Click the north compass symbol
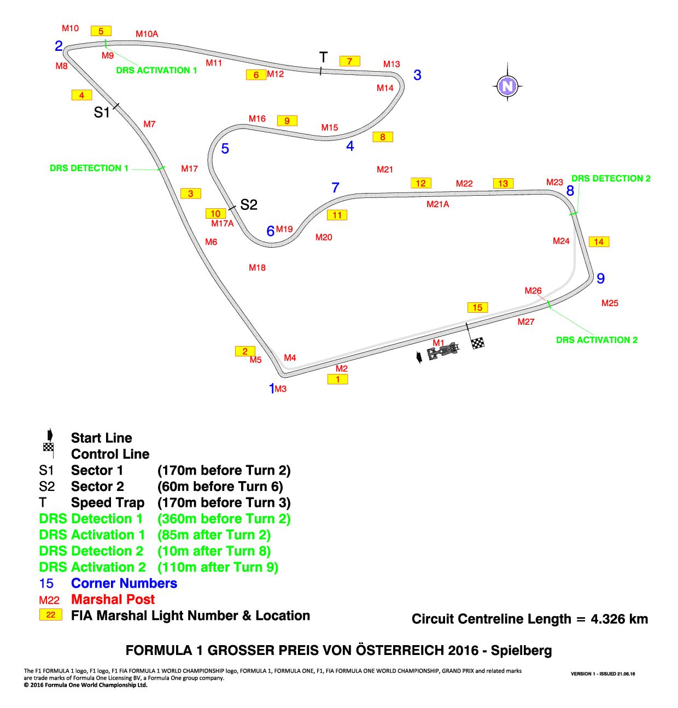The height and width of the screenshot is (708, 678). [507, 86]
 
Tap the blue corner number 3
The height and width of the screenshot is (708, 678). [417, 75]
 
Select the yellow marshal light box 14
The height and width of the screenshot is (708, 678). [599, 242]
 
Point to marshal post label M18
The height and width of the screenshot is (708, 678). [257, 267]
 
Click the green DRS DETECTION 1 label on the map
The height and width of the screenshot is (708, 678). [89, 168]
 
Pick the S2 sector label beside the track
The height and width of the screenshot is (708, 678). [249, 204]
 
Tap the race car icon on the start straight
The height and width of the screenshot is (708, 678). [442, 351]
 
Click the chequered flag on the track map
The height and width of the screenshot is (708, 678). [477, 343]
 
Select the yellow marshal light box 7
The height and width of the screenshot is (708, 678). [350, 61]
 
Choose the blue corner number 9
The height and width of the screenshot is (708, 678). [600, 278]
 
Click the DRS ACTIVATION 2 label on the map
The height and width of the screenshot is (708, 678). [597, 340]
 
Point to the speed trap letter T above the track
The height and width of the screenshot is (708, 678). [323, 57]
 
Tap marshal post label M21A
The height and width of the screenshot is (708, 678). [437, 204]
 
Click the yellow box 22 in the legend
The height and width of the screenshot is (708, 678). [51, 615]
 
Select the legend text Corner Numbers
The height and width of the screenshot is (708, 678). [124, 583]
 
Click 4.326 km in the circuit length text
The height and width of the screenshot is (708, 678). [619, 618]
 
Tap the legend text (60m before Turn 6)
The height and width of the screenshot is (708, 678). [220, 486]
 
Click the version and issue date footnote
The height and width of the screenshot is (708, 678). [603, 674]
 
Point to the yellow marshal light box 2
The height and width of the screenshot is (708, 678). [245, 351]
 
